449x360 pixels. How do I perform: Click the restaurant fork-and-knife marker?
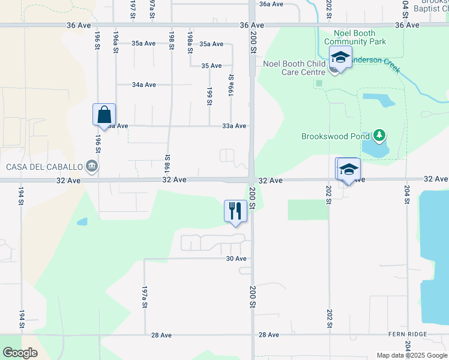pos(235,211)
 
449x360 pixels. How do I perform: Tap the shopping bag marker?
pos(104,114)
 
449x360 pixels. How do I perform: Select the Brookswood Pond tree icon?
pos(379,136)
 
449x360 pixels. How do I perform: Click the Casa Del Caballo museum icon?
pos(92,166)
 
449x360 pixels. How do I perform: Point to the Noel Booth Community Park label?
pos(355,38)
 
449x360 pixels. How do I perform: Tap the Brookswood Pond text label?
pos(335,136)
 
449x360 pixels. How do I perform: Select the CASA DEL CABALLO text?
pos(44,166)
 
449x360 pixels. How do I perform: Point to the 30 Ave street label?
pos(237,259)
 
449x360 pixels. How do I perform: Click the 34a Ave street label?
pos(144,85)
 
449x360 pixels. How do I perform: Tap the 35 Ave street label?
pos(212,65)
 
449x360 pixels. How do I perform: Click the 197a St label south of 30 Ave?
pos(145,296)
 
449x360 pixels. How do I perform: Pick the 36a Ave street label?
pos(271,4)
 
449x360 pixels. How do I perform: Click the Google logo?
pos(20,353)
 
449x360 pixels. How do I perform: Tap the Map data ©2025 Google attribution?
pos(412,355)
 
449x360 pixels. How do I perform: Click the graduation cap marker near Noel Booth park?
pos(340,59)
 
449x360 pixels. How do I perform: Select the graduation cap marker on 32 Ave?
pos(348,170)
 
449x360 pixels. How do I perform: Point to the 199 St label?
pos(209,96)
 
